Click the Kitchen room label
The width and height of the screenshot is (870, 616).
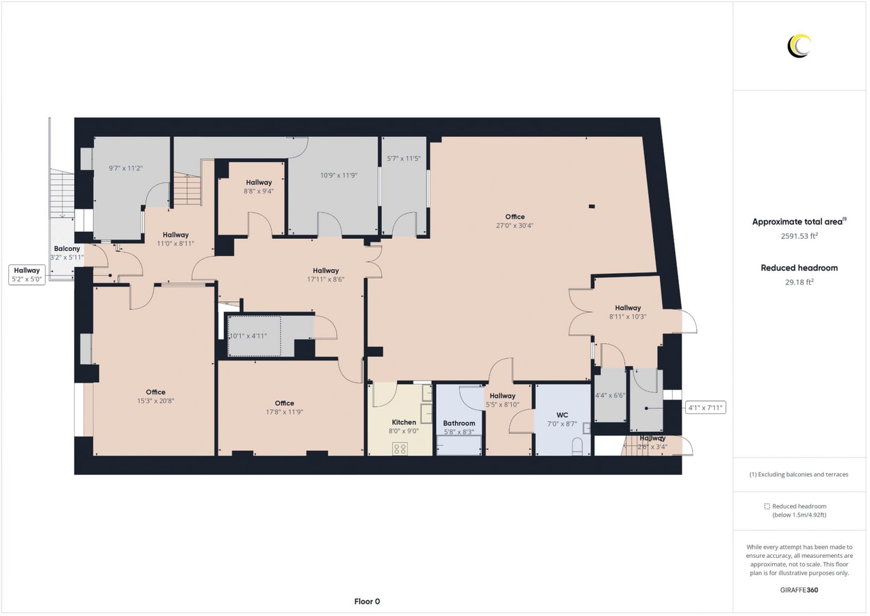click(x=404, y=422)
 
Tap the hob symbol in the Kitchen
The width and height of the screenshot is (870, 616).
click(x=400, y=448)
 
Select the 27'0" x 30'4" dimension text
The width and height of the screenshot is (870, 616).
click(x=515, y=225)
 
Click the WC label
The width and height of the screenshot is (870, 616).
click(x=562, y=415)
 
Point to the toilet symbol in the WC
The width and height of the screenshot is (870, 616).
click(x=577, y=447)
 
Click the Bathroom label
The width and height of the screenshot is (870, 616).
click(x=459, y=423)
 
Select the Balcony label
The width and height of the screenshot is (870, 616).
click(x=67, y=248)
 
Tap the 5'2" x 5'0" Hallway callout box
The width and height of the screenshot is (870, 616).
click(x=27, y=274)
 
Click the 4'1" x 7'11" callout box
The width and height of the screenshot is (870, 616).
click(x=704, y=408)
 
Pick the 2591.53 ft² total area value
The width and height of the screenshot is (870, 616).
click(x=799, y=236)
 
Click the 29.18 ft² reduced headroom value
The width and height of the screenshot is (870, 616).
click(x=799, y=281)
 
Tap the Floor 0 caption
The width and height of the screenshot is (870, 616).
click(x=367, y=602)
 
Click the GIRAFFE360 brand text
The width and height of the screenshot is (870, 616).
click(x=799, y=589)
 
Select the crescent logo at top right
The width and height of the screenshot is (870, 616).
click(x=799, y=46)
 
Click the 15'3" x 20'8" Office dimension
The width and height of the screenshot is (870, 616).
click(x=155, y=401)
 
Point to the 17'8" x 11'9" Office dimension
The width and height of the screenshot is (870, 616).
click(x=284, y=412)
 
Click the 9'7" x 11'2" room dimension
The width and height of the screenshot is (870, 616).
click(x=126, y=168)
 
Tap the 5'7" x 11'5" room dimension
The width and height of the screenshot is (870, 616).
click(x=404, y=158)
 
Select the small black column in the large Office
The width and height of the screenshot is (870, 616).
click(x=591, y=206)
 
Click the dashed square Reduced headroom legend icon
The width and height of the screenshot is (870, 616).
click(x=767, y=506)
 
